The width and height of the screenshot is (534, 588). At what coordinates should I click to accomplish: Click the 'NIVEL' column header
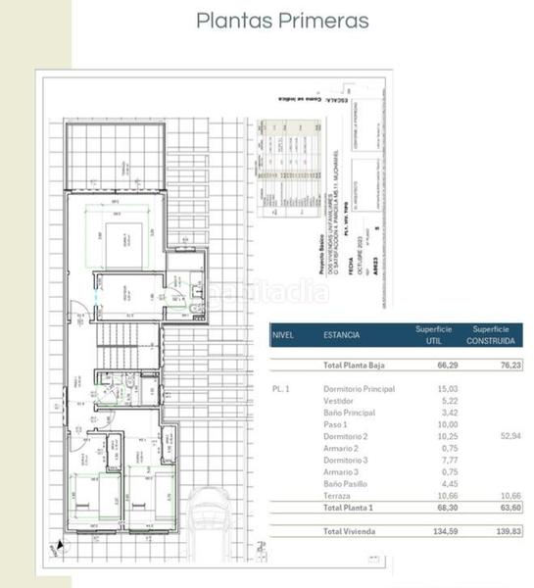284,335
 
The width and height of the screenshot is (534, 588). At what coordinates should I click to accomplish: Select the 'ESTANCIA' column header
341,335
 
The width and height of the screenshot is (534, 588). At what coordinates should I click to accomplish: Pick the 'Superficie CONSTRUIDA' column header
495,335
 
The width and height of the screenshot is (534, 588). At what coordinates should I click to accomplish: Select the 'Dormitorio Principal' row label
359,388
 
